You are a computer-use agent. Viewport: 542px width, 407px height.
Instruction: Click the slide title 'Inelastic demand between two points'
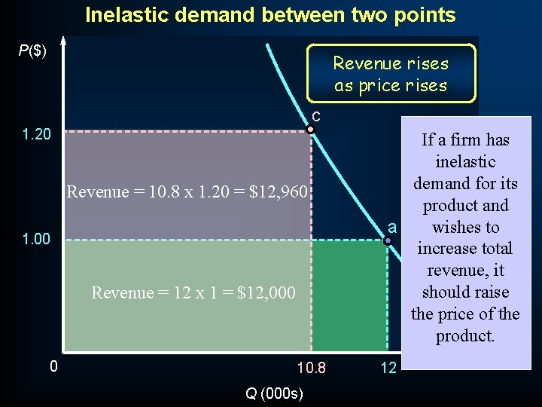[x=270, y=14]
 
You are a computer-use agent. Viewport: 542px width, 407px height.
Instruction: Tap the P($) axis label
[x=32, y=51]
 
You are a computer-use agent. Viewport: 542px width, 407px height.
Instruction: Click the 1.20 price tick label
[x=37, y=135]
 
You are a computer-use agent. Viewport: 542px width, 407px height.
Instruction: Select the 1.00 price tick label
[x=37, y=240]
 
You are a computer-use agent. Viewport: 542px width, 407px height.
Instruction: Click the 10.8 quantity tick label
[x=312, y=369]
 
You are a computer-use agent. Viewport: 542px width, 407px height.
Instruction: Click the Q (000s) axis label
[x=274, y=393]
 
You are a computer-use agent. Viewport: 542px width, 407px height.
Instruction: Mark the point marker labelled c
[x=310, y=130]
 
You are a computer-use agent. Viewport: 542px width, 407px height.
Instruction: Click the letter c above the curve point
[x=316, y=116]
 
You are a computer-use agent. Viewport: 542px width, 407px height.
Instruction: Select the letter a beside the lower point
[x=391, y=228]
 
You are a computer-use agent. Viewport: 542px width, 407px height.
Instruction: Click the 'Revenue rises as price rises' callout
[x=391, y=74]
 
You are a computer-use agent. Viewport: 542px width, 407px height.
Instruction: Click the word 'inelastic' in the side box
[x=465, y=161]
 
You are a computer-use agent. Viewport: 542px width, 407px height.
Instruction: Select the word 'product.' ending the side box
[x=465, y=335]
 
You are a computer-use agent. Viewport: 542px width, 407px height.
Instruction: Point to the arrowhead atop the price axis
[x=64, y=41]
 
